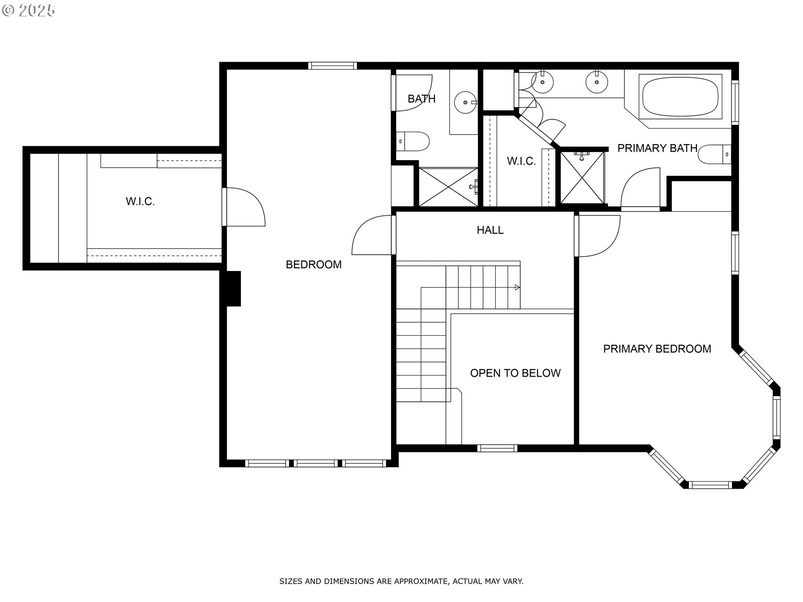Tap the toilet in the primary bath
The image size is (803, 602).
pyautogui.click(x=715, y=154)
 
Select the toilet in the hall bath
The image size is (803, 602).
pyautogui.click(x=413, y=141)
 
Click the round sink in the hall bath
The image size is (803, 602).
pyautogui.click(x=465, y=102)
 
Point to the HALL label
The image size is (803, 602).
pyautogui.click(x=490, y=230)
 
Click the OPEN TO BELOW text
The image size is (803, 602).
pyautogui.click(x=515, y=373)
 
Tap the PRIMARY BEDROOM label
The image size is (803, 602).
pyautogui.click(x=657, y=349)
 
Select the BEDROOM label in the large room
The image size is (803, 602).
pyautogui.click(x=314, y=264)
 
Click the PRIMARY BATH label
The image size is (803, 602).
pyautogui.click(x=657, y=148)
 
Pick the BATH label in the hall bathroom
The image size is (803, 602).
pyautogui.click(x=422, y=99)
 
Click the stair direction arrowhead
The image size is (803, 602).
pyautogui.click(x=517, y=287)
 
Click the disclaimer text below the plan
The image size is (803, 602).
pyautogui.click(x=401, y=581)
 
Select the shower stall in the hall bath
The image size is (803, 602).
pyautogui.click(x=448, y=187)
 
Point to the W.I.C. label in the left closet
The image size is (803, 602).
pyautogui.click(x=141, y=202)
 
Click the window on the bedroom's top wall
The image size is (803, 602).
pyautogui.click(x=332, y=66)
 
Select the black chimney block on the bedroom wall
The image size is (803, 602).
pyautogui.click(x=233, y=289)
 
